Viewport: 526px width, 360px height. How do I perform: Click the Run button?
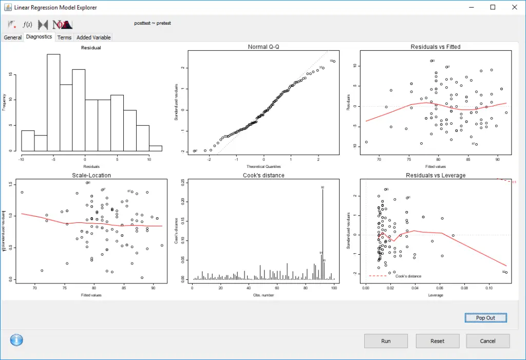coord(386,341)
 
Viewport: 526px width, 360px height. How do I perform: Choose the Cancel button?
coord(488,341)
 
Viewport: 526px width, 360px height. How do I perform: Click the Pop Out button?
coord(485,318)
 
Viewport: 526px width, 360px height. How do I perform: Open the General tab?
coord(13,37)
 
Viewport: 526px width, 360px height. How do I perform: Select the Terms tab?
coord(64,37)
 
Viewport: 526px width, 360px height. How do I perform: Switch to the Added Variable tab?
coord(93,37)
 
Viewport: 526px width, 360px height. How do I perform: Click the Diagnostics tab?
coord(39,37)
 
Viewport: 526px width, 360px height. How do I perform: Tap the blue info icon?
coord(16,340)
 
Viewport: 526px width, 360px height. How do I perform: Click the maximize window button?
coord(493,7)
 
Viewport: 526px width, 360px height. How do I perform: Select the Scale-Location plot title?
coord(91,175)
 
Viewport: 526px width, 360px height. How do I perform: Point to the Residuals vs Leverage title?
coord(436,175)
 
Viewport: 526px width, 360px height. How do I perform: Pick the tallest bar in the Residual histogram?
coord(54,103)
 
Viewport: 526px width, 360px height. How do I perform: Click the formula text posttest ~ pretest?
coord(152,23)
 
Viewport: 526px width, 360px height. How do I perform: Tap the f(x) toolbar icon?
coord(28,24)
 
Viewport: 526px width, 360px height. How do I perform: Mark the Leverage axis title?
coord(436,295)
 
